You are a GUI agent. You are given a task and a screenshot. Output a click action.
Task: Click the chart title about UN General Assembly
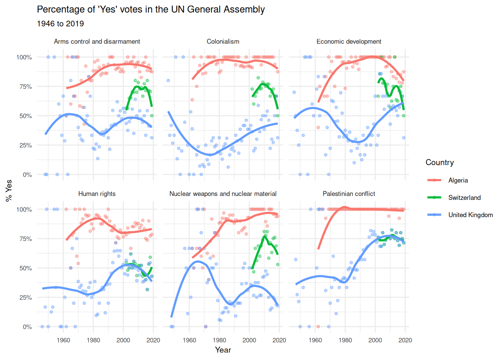(151, 10)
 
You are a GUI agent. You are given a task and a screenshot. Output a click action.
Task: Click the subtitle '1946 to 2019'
(60, 24)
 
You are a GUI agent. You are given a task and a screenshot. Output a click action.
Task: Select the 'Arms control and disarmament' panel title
(97, 42)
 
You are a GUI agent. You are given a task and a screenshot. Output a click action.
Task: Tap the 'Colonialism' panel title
(223, 42)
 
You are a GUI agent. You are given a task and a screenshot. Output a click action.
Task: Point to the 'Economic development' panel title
(349, 42)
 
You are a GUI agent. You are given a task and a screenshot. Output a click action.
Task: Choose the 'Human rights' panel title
(97, 194)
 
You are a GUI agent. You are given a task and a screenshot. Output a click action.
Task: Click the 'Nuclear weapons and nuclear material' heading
(223, 194)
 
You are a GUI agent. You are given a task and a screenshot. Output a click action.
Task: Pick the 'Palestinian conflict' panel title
(349, 194)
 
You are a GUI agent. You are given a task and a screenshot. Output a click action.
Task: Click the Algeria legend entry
(458, 180)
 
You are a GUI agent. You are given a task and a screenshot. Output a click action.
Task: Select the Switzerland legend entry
(464, 198)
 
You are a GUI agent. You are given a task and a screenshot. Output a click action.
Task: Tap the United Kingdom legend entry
(470, 215)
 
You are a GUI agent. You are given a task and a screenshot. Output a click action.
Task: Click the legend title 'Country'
(439, 162)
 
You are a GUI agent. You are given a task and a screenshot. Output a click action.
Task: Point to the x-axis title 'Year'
(223, 350)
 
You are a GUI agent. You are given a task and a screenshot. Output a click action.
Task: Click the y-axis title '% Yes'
(9, 191)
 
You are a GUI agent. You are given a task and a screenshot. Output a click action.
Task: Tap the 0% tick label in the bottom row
(27, 327)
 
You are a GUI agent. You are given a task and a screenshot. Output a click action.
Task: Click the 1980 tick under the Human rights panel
(93, 340)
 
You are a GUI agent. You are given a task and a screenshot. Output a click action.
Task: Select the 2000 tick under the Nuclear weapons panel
(249, 340)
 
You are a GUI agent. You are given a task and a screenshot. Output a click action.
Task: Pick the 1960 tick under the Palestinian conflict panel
(315, 340)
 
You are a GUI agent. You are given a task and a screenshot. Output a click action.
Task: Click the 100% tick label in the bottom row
(24, 210)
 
